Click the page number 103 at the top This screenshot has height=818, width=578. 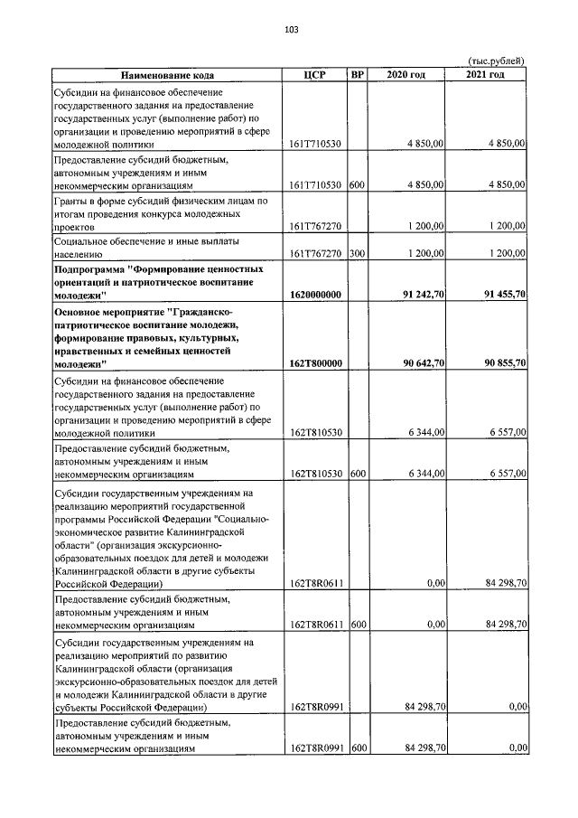pyautogui.click(x=291, y=30)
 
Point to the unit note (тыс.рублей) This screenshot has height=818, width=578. pyautogui.click(x=496, y=60)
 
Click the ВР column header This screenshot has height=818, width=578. pyautogui.click(x=357, y=74)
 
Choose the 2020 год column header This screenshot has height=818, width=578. pyautogui.click(x=406, y=74)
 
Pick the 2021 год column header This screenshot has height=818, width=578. pyautogui.click(x=486, y=74)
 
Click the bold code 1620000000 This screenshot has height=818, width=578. pyautogui.click(x=316, y=295)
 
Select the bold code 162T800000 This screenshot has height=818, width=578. pyautogui.click(x=316, y=363)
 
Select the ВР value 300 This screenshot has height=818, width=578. pyautogui.click(x=357, y=255)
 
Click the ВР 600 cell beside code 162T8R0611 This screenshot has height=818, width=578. pyautogui.click(x=357, y=624)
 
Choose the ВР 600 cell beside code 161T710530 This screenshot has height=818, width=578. pyautogui.click(x=357, y=185)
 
